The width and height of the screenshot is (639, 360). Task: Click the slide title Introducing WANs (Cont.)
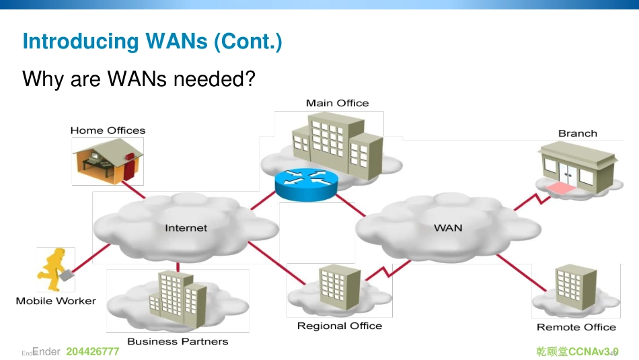coord(152,42)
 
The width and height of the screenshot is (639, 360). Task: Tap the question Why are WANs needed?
coord(139,79)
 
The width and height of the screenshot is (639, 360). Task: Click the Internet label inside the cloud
coord(186,228)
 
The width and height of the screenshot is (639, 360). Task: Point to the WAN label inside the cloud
coord(448,228)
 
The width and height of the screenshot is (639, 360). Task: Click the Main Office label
coord(337,103)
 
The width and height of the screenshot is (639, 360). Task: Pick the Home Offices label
coord(108,131)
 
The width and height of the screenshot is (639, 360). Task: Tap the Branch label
coord(577,133)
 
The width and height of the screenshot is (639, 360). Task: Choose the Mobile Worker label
coord(56,301)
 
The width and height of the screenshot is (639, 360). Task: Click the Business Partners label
coord(178,341)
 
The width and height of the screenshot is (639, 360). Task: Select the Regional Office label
coord(339,326)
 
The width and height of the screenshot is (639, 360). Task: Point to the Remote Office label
coord(576,327)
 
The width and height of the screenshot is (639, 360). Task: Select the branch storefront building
coord(578,168)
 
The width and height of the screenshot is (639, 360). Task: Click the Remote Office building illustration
coord(575,287)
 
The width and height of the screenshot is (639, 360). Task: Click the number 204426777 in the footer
coord(93,352)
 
